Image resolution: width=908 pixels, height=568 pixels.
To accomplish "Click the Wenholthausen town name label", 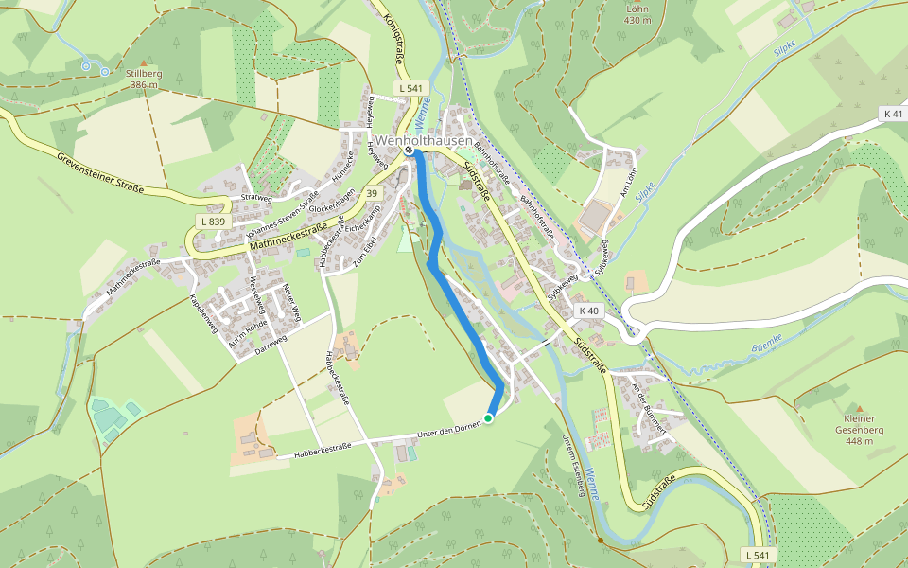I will coord(424,141).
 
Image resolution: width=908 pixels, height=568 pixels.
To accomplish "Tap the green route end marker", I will coord(488,417).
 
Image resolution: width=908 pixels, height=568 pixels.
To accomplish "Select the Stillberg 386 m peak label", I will coord(143,79).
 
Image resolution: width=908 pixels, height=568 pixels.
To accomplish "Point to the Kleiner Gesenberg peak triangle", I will coord(859,409).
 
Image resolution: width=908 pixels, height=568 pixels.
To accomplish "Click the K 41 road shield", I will coord(892,114).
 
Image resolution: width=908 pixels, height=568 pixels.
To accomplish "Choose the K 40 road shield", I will coord(588,311).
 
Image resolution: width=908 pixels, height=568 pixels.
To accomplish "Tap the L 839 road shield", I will coord(213,222).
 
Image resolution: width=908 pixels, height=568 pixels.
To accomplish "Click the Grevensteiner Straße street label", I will coord(99,172).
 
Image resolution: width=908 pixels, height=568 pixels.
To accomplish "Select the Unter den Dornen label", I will coord(443,433).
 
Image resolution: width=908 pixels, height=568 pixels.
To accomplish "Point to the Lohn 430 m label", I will coord(638,14).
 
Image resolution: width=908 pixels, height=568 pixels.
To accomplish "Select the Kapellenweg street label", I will coord(204,314).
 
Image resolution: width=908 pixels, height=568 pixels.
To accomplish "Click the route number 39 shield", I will coord(372,194).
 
